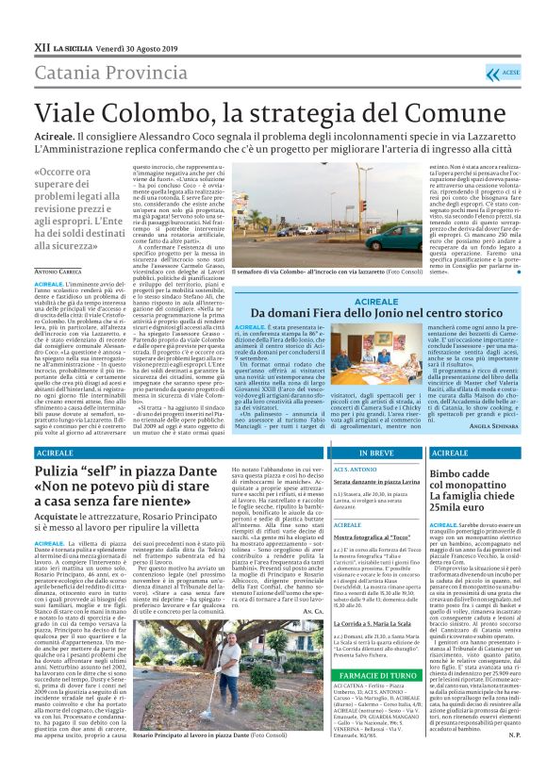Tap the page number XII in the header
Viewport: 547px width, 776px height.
pyautogui.click(x=16, y=17)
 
